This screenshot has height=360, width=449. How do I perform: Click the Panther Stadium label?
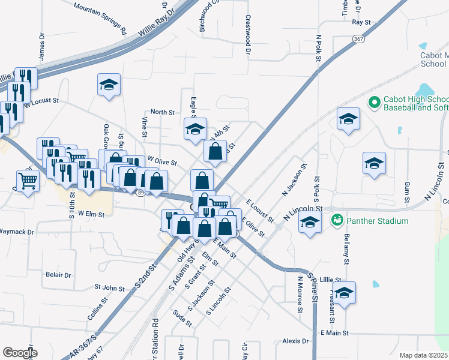coord(377,221)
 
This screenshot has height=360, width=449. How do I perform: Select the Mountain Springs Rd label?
coord(100,17)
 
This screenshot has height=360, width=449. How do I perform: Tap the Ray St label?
coord(361,22)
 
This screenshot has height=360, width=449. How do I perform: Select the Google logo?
coord(20,353)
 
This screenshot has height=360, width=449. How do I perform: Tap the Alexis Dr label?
coord(295,341)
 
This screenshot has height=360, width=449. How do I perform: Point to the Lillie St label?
coord(330,280)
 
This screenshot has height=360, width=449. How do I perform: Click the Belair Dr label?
coord(58,275)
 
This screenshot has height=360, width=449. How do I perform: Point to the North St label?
coord(162,112)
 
